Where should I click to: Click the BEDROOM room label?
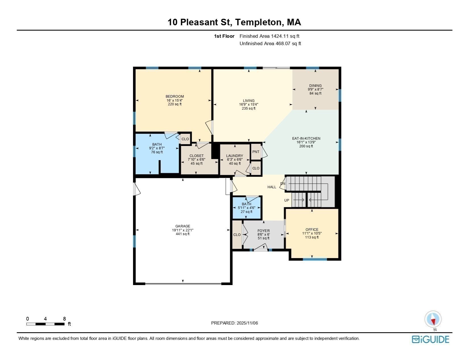175,97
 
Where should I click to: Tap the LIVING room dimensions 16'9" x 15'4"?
248,104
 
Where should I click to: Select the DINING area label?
315,85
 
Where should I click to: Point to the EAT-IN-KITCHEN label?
306,139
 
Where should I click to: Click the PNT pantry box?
256,152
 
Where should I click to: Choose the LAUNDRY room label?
234,156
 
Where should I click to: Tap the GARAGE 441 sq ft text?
182,234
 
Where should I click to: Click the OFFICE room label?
312,230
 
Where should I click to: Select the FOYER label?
263,231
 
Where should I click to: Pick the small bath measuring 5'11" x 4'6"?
246,208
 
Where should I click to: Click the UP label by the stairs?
287,200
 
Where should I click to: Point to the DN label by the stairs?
283,184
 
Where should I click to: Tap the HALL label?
272,187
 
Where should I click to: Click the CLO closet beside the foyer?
237,235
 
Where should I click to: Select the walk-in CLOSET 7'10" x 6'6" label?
196,156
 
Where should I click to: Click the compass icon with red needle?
433,319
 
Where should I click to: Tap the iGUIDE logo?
431,340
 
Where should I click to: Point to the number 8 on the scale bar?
65,319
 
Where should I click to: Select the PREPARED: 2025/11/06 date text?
234,323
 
